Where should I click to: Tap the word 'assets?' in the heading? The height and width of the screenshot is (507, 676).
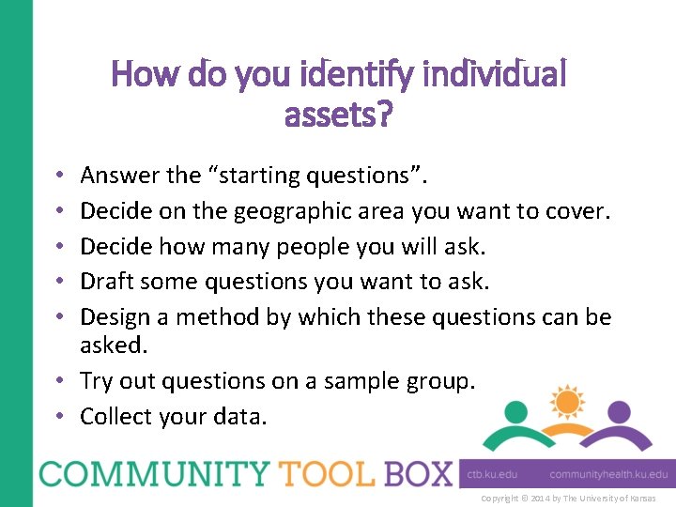338,115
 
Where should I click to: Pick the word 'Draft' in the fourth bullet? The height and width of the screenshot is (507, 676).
109,282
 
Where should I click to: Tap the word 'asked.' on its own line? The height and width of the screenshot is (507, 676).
115,346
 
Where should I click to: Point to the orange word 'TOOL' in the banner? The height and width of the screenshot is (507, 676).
315,473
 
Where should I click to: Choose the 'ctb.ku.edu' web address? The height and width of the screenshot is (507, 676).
493,475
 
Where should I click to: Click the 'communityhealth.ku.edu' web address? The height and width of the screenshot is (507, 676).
608,475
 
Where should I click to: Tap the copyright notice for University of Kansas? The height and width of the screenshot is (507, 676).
568,498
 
